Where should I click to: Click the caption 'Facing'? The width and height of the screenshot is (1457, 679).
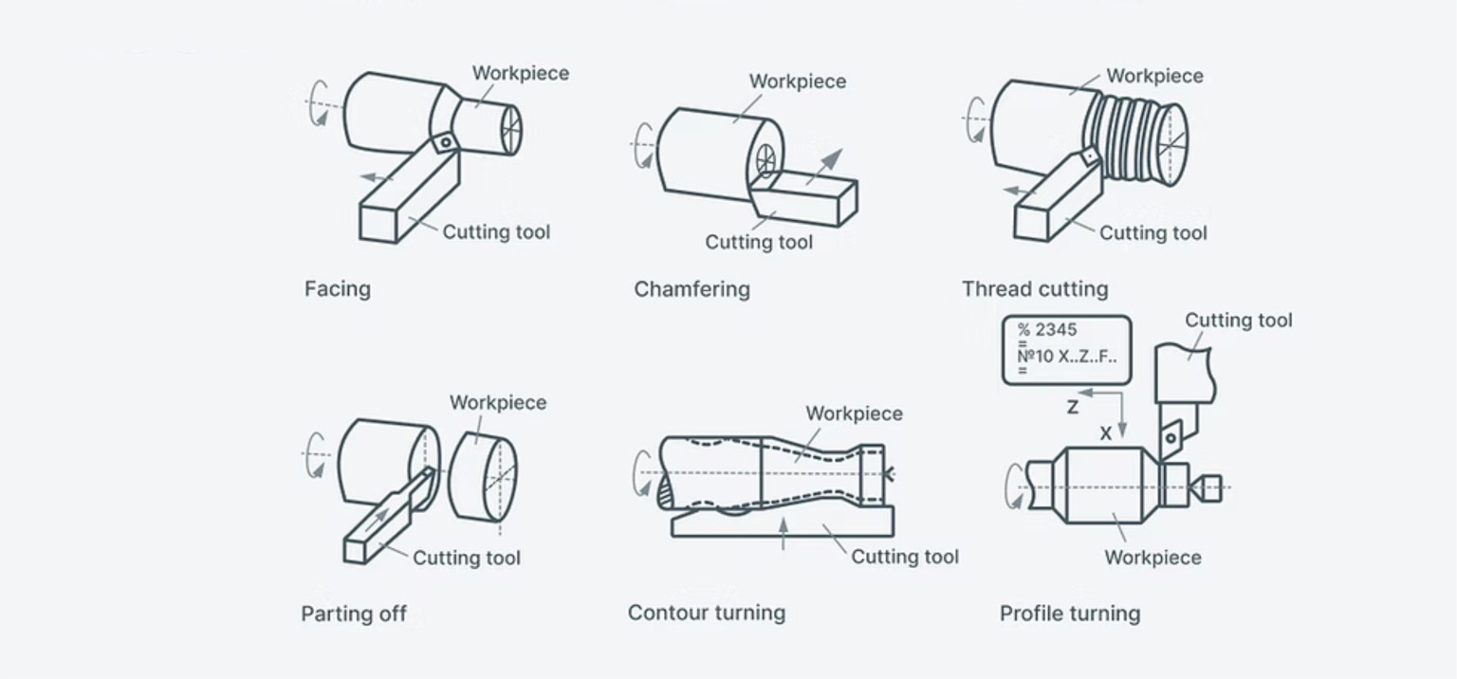[337, 289]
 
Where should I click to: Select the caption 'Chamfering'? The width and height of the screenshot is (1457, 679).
[692, 289]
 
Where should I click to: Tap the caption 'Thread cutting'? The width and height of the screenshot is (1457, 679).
[1034, 289]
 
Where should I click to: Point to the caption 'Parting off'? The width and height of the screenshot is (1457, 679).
[354, 614]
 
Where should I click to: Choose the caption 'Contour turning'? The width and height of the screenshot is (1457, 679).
[706, 613]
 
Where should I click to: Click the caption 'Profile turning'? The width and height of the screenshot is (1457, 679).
[1069, 614]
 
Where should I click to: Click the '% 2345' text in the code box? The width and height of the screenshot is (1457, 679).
[1047, 330]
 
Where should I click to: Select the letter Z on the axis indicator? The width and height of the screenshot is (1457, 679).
[1072, 407]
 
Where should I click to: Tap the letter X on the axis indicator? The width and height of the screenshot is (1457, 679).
[1105, 433]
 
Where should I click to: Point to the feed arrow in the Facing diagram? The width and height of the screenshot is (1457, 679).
[377, 177]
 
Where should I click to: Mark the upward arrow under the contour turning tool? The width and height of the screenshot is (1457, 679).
[783, 534]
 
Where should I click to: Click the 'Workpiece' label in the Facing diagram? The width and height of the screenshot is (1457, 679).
[520, 74]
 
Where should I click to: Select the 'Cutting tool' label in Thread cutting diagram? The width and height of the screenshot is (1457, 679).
[1153, 233]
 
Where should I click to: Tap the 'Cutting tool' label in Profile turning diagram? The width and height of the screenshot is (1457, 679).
[1238, 321]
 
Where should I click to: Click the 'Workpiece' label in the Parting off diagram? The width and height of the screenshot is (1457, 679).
[497, 403]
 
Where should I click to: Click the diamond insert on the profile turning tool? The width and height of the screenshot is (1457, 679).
[1172, 435]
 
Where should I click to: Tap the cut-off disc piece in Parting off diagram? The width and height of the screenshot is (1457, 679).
[482, 476]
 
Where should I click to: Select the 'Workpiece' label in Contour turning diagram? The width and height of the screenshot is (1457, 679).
[854, 414]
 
